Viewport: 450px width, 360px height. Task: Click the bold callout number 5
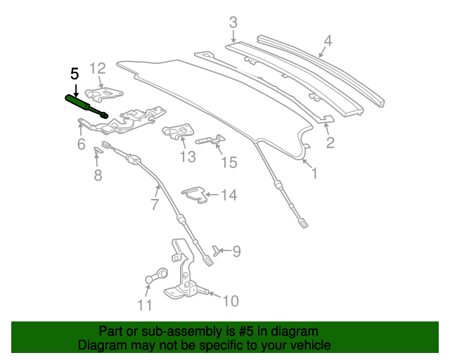pos(75,74)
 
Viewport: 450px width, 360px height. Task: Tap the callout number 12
pos(97,68)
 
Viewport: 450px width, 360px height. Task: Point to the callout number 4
pos(328,40)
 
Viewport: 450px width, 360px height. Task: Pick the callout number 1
pos(314,172)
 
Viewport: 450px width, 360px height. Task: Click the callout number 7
pos(154,205)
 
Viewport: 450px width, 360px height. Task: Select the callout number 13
pos(187,157)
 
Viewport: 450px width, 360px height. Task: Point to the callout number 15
pos(229,163)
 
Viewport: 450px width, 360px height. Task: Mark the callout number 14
pos(229,195)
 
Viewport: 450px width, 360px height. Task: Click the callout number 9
pos(236,250)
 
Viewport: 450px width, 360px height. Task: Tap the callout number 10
pos(230,302)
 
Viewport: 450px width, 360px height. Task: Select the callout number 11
pos(144,305)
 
